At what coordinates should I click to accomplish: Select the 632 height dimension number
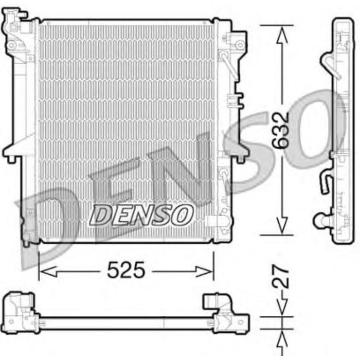[x=281, y=130]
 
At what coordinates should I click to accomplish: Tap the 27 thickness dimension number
[x=281, y=276]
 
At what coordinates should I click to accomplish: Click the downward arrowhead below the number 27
[x=281, y=309]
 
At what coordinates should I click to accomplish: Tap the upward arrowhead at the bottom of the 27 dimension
[x=281, y=337]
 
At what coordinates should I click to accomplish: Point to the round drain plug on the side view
[x=321, y=220]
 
